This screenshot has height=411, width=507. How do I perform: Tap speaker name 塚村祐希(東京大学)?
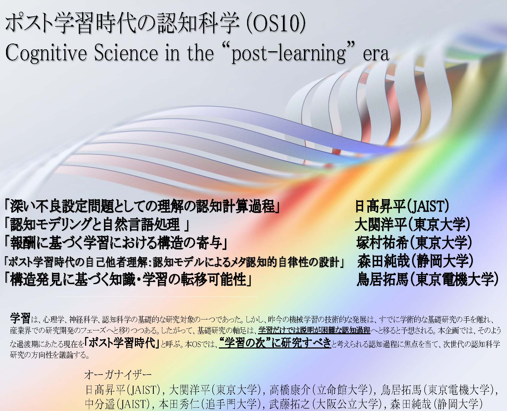(x=415, y=243)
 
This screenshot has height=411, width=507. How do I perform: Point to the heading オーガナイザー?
(x=118, y=375)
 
